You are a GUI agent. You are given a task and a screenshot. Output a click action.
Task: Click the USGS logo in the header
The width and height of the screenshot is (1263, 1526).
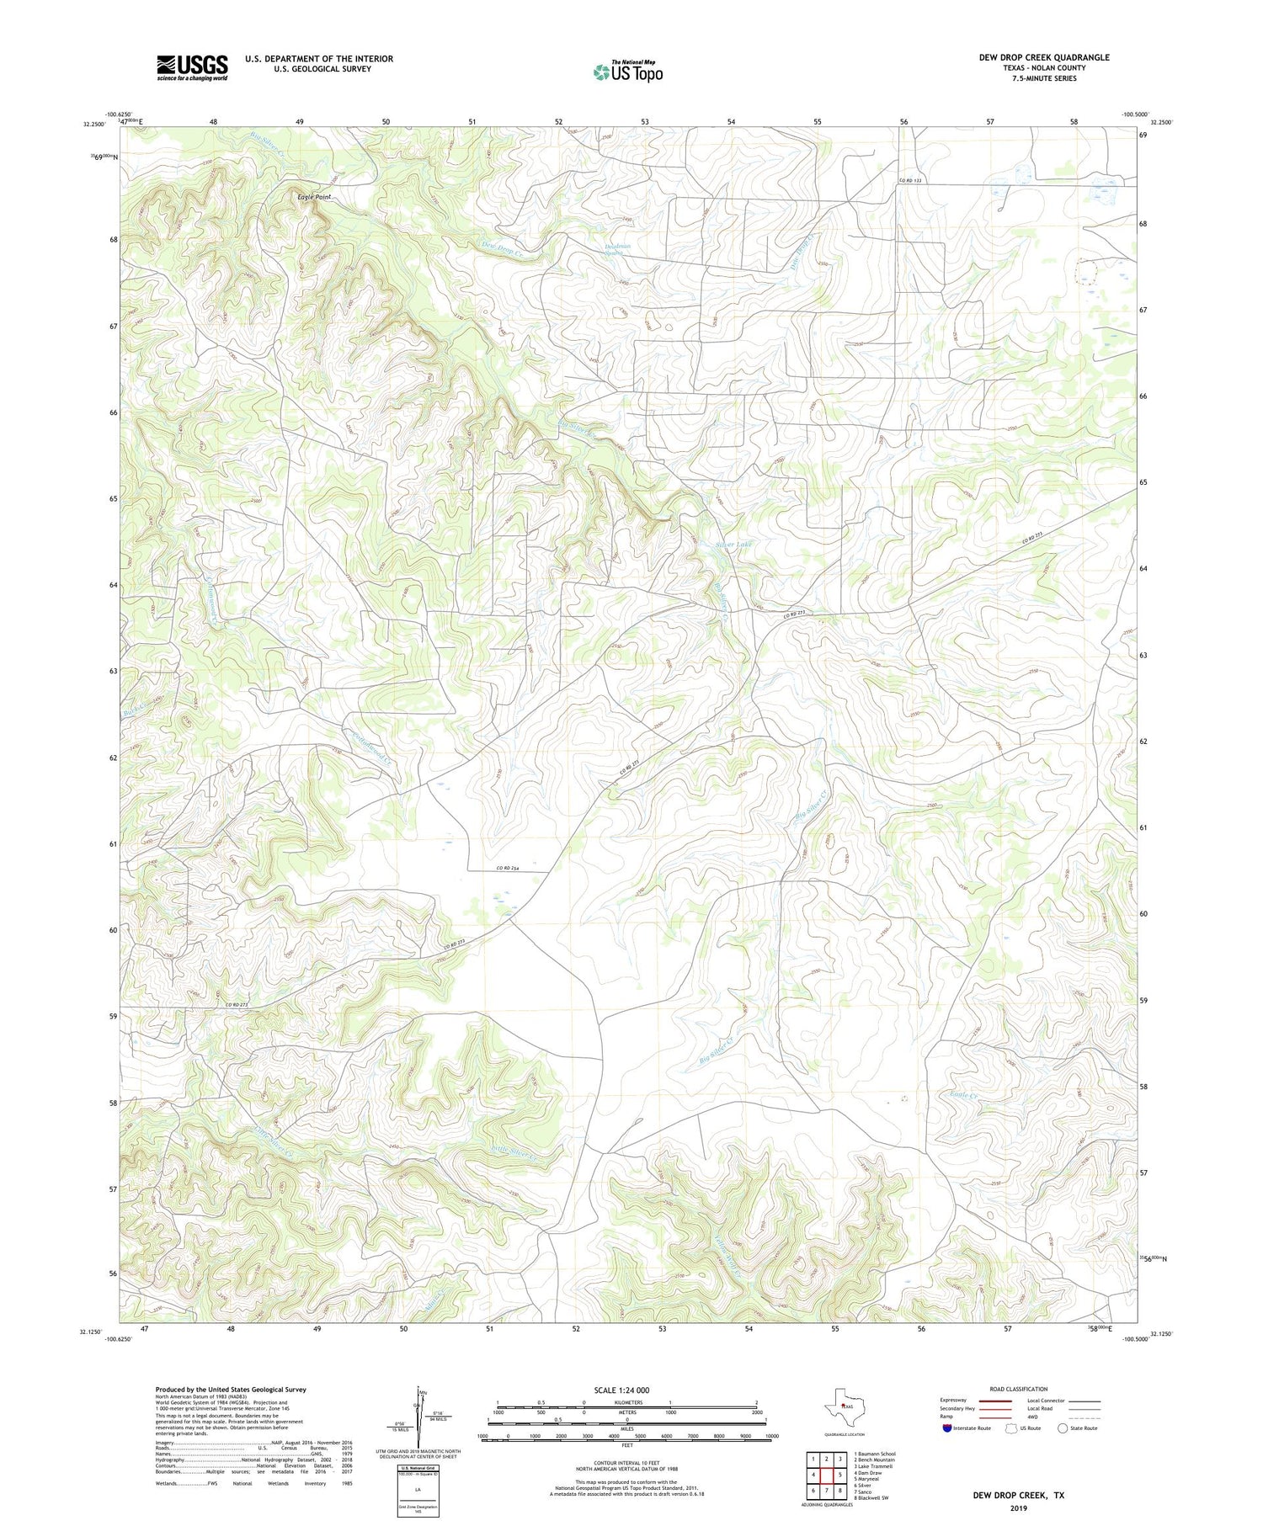192,67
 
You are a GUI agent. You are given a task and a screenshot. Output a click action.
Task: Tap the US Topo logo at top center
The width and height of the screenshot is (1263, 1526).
627,72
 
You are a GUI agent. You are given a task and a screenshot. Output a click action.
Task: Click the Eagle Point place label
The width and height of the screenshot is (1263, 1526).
314,197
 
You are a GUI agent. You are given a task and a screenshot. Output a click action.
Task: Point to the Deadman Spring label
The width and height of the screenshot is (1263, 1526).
617,249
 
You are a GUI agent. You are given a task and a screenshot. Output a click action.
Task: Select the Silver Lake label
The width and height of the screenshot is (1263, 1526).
733,545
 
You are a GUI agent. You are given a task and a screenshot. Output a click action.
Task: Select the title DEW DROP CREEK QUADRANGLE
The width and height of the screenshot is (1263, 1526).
1043,57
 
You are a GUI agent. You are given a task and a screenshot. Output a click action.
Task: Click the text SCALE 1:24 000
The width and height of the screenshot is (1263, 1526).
621,1390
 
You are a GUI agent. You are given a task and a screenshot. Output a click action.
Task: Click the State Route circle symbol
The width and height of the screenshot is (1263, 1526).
1063,1428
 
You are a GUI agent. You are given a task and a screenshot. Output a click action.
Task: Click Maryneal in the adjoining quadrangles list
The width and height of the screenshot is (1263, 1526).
867,1479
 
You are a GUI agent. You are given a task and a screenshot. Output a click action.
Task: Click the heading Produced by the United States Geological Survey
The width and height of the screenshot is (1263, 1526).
231,1390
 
